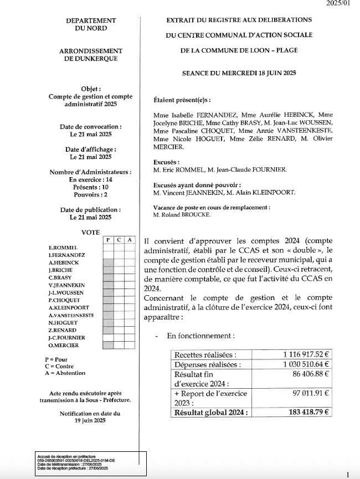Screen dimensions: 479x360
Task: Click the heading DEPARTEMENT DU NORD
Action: pos(90,24)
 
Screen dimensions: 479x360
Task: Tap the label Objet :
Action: pos(91,89)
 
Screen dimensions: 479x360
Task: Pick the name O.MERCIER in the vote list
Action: pos(64,346)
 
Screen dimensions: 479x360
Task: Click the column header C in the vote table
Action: pos(119,240)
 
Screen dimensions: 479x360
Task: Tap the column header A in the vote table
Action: pos(129,240)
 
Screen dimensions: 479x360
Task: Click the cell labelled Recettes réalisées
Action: pos(205,355)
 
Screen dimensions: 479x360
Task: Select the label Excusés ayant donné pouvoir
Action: pos(197,184)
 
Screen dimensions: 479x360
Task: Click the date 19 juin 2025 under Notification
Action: pos(90,421)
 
